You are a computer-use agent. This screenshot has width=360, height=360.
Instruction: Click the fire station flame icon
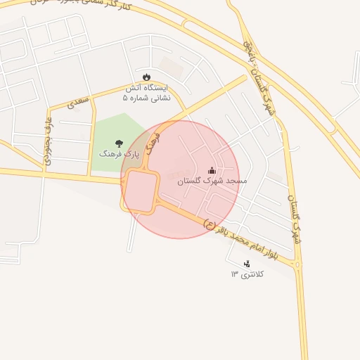click(146, 77)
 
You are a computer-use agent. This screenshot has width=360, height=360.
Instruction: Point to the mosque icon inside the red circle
click(212, 170)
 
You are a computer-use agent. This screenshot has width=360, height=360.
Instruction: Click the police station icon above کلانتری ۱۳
click(246, 264)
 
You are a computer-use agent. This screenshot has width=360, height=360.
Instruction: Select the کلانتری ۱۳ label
click(246, 274)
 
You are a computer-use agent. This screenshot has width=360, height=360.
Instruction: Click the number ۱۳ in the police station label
click(234, 274)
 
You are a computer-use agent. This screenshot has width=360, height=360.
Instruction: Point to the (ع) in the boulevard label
click(209, 224)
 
